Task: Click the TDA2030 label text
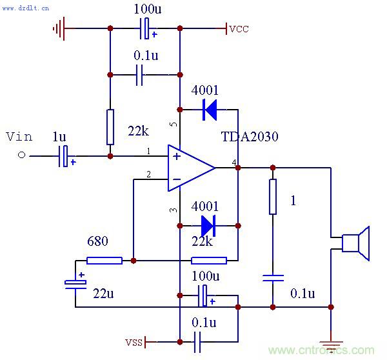click(250, 137)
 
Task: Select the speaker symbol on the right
click(355, 243)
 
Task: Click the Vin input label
click(19, 137)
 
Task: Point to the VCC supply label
click(239, 29)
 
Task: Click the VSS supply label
click(134, 341)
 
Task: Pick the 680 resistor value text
click(97, 241)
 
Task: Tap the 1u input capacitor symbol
click(63, 156)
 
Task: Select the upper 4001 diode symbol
click(210, 110)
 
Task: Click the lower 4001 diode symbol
click(208, 226)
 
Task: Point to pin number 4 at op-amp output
click(233, 161)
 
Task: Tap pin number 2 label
click(148, 175)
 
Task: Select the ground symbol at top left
click(60, 28)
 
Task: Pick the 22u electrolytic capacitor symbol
click(75, 283)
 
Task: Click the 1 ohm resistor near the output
click(273, 197)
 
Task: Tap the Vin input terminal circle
click(21, 155)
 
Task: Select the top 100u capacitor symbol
click(146, 28)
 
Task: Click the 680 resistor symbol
click(104, 261)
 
